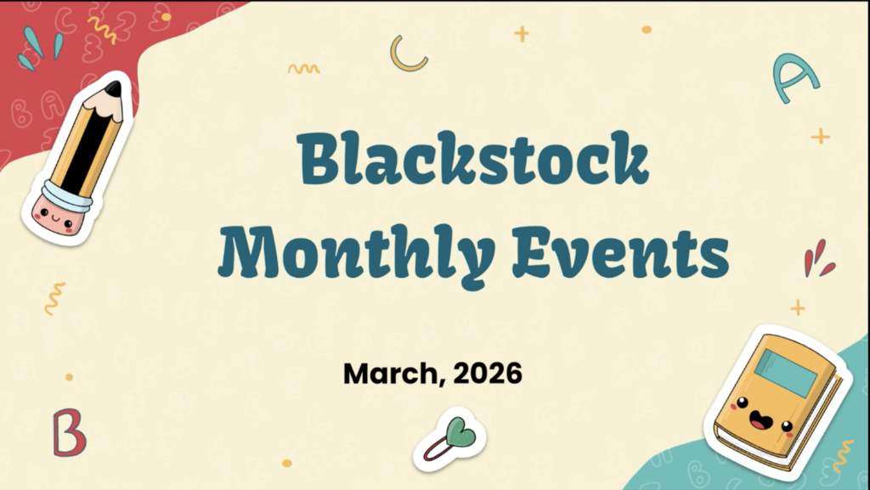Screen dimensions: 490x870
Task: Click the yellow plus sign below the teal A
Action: pyautogui.click(x=820, y=136)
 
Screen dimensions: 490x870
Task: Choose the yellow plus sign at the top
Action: pyautogui.click(x=521, y=34)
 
